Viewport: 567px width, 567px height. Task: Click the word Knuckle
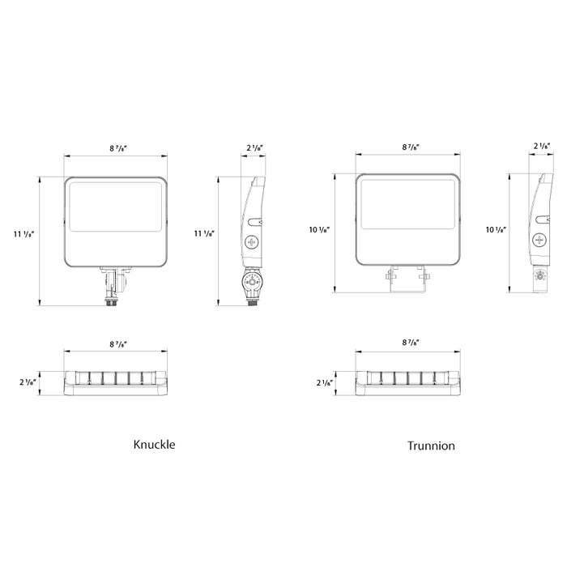pyautogui.click(x=154, y=444)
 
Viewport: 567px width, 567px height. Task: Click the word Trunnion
pyautogui.click(x=431, y=446)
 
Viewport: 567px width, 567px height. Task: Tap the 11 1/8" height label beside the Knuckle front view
pyautogui.click(x=23, y=234)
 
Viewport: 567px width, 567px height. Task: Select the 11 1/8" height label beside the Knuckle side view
pyautogui.click(x=204, y=233)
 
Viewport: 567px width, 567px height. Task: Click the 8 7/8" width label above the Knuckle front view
pyautogui.click(x=118, y=148)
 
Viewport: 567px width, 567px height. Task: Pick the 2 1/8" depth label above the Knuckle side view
pyautogui.click(x=254, y=148)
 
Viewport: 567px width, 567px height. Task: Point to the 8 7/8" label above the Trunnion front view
pyautogui.click(x=411, y=147)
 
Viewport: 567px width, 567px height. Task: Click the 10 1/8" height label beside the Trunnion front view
pyautogui.click(x=319, y=229)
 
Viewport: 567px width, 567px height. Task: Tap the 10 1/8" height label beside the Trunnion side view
pyautogui.click(x=496, y=229)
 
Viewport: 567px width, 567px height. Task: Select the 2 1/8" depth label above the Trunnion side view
pyautogui.click(x=542, y=146)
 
